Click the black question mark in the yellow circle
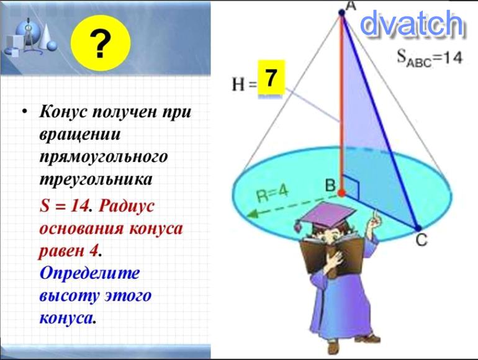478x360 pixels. tap(101, 45)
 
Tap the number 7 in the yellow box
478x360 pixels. tap(271, 78)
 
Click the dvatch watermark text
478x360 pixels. tap(412, 23)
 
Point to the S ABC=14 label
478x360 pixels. tap(430, 58)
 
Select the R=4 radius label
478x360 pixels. tap(273, 194)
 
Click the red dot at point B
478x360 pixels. tap(341, 192)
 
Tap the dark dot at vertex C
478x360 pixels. tap(418, 228)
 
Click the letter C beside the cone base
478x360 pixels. tap(422, 240)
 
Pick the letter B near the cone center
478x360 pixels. tap(330, 185)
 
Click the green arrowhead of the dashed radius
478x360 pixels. tap(253, 214)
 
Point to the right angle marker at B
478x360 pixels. tap(351, 187)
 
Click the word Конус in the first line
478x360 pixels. tap(62, 112)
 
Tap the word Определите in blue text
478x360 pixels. tap(89, 273)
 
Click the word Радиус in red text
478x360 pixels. tap(126, 206)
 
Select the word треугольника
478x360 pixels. tap(96, 179)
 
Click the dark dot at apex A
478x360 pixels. tap(341, 12)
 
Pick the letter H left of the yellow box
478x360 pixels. tap(238, 84)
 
